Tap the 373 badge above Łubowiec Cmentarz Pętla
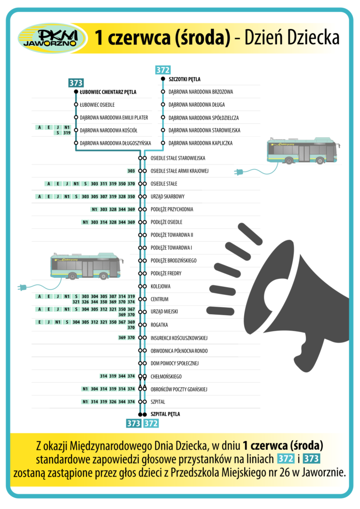pos(76,83)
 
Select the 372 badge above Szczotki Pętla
pos(163,70)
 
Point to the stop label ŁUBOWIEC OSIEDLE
pos(97,105)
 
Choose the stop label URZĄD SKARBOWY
pos(168,196)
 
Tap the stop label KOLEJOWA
pos(161,286)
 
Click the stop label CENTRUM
pos(160,299)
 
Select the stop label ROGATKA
pos(159,325)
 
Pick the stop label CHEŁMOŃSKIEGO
pos(166,376)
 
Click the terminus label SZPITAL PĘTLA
pos(165,414)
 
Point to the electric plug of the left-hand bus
pos(22,287)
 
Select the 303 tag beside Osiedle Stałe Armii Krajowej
pos(131,171)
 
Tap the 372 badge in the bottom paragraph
pos(285,457)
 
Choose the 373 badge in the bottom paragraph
pos(312,457)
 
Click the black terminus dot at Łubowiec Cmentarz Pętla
pos(76,92)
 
